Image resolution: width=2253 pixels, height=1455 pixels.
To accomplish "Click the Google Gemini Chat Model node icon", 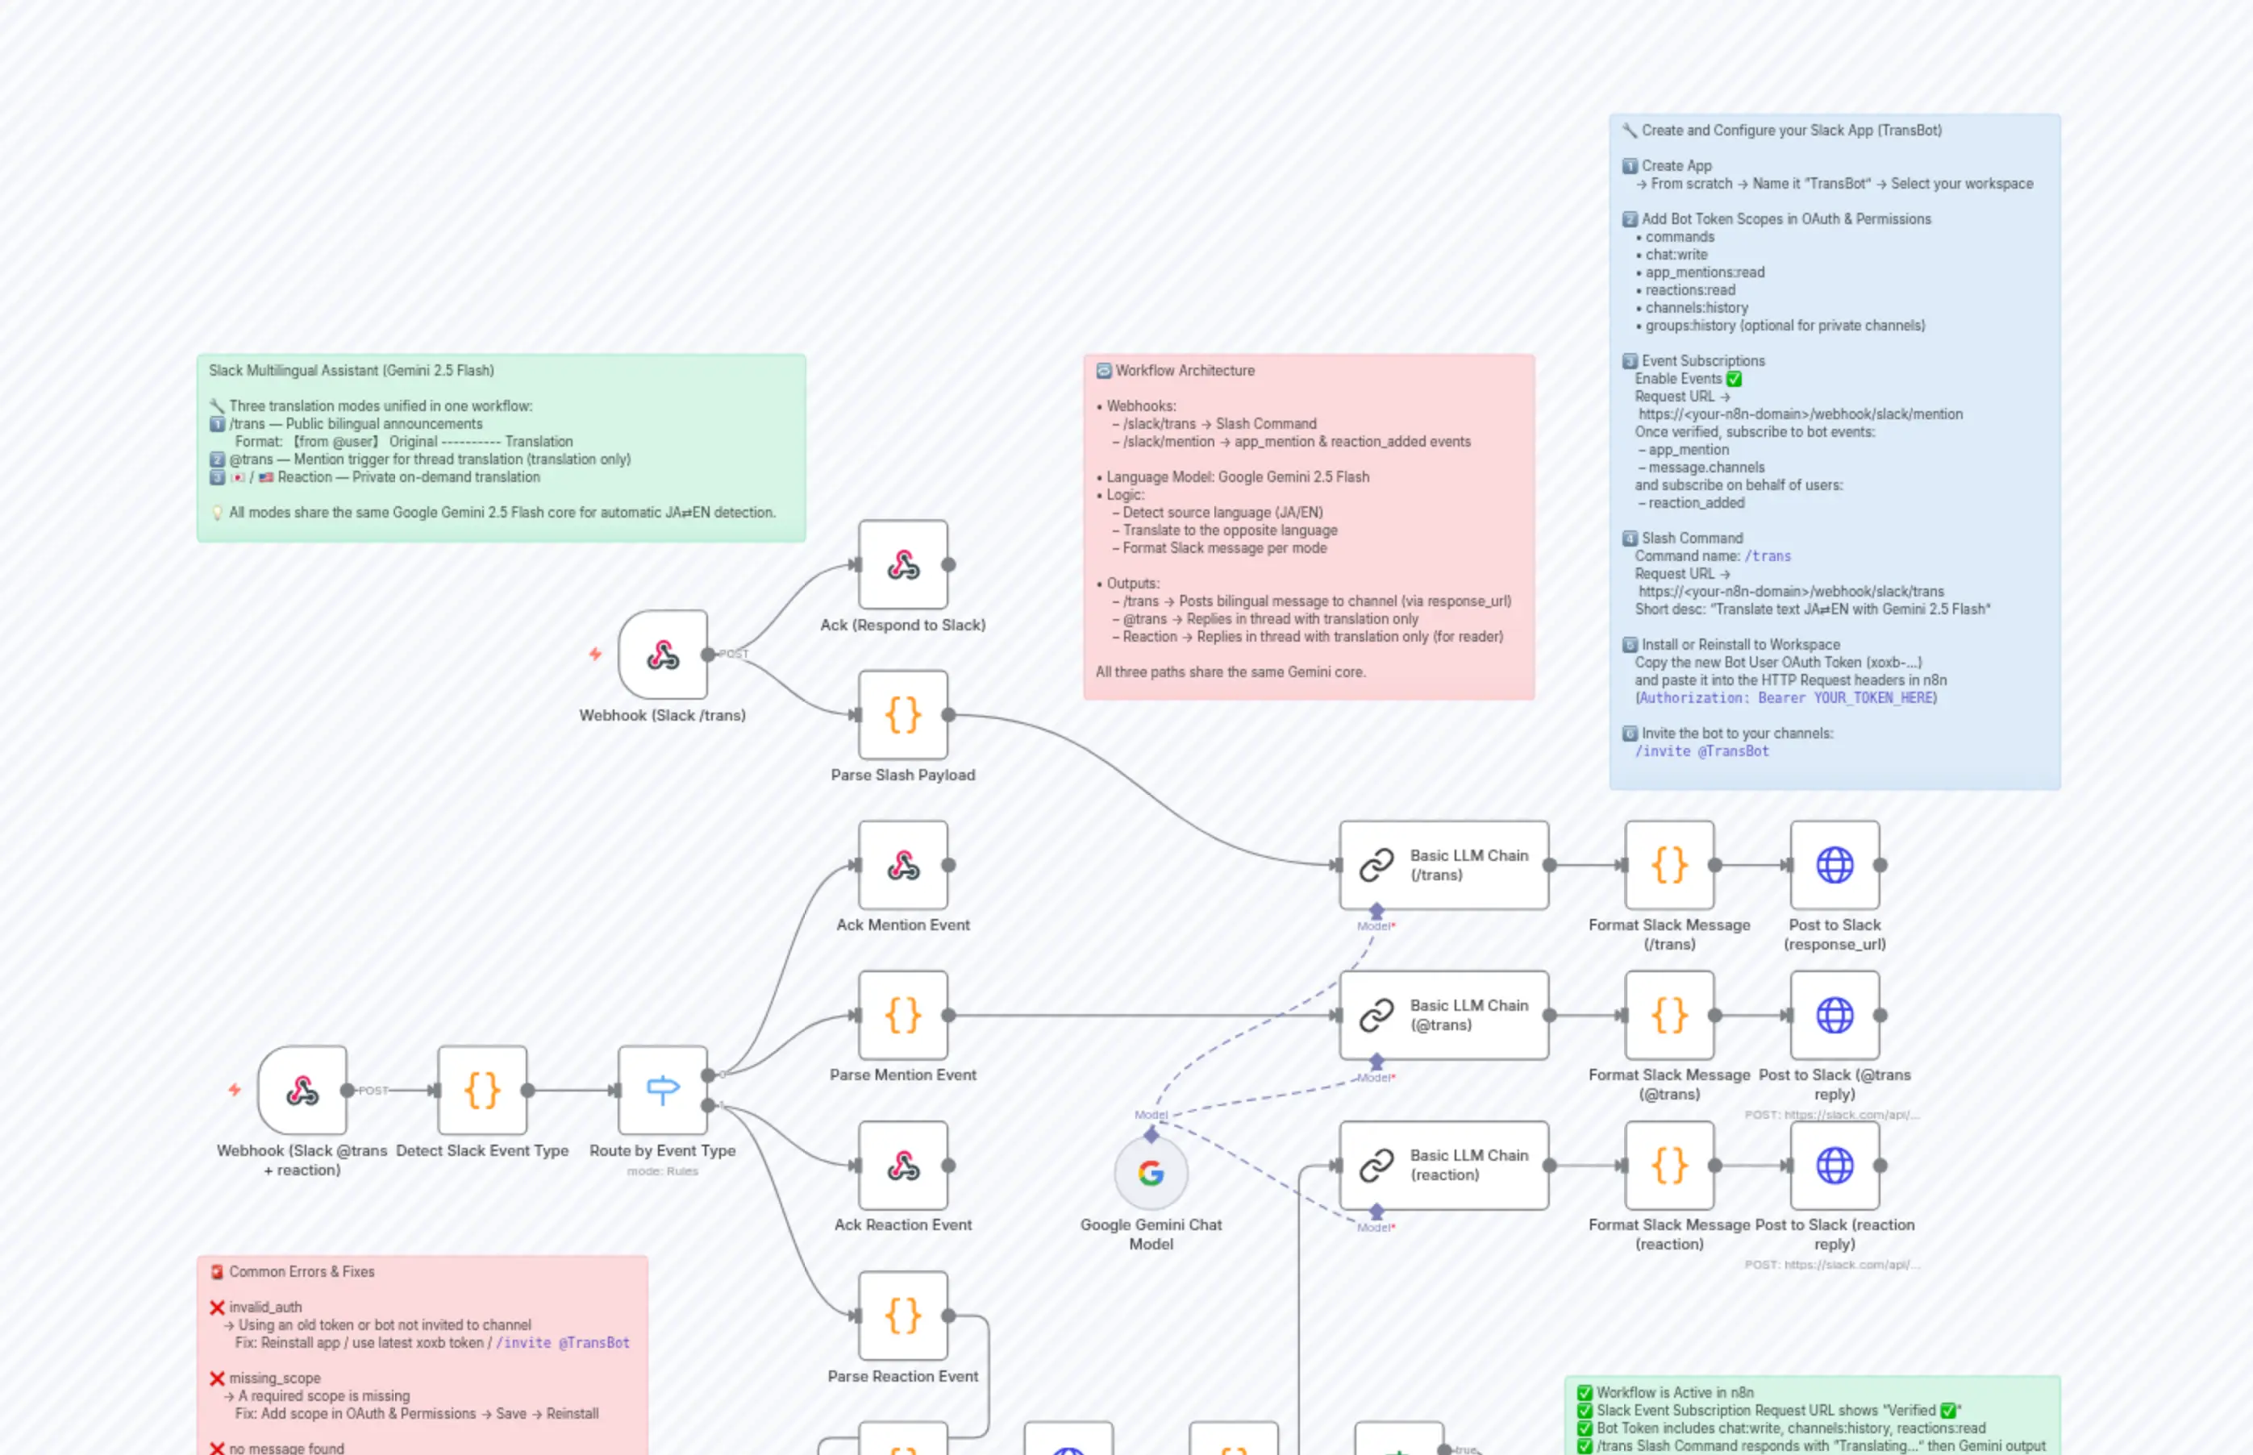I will coord(1150,1173).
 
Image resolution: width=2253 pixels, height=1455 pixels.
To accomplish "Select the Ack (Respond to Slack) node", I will coord(902,565).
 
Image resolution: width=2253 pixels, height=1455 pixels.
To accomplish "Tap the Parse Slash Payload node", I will coord(902,715).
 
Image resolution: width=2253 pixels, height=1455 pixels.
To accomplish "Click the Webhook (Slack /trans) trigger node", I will coord(663,655).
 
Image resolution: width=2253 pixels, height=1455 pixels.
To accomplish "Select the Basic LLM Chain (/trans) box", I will coord(1443,864).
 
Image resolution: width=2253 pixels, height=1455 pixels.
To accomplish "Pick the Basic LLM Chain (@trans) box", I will coord(1443,1015).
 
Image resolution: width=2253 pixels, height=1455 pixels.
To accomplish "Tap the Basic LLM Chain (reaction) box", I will coord(1443,1165).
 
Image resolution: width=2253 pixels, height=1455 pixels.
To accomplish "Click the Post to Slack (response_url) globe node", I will coord(1834,864).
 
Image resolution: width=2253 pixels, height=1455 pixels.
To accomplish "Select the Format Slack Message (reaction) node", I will coord(1669,1165).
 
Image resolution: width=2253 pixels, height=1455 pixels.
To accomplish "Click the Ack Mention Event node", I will coord(902,864).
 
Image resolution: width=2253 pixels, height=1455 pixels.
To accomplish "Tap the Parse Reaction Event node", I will coord(902,1316).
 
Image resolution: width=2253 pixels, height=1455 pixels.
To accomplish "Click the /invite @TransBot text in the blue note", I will coord(1702,751).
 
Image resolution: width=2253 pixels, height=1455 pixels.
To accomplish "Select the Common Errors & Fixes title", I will coord(302,1272).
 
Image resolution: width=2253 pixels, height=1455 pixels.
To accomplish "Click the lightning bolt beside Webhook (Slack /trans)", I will coord(595,654).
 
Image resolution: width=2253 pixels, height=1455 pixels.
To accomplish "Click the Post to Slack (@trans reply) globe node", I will coord(1834,1015).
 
